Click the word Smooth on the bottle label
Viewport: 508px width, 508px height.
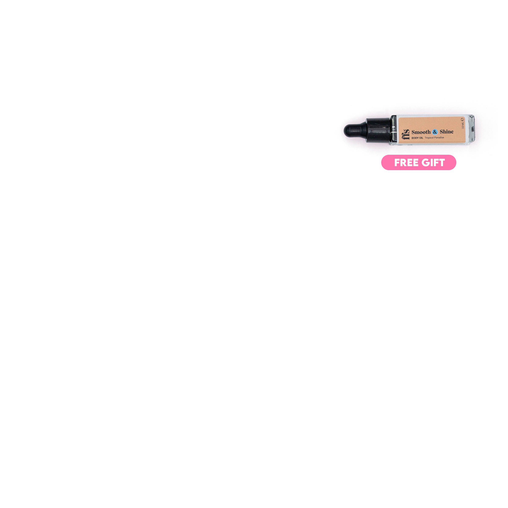pos(421,132)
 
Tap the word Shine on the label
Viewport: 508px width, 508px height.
pos(447,131)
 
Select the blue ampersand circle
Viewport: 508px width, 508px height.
pos(435,132)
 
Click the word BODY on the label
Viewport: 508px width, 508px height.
pos(415,138)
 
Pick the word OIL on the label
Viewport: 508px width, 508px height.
pos(421,138)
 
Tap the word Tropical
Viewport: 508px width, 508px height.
pos(429,138)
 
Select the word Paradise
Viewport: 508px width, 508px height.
pos(439,138)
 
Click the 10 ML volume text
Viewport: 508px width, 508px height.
pos(463,126)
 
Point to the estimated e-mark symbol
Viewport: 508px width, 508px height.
pos(462,120)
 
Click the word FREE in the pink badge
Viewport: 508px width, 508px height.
pos(406,163)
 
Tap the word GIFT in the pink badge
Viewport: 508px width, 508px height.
pos(433,163)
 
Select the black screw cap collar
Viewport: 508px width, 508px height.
pos(378,130)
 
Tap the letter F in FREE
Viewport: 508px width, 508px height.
pos(397,163)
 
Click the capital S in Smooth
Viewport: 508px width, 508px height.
pos(413,132)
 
